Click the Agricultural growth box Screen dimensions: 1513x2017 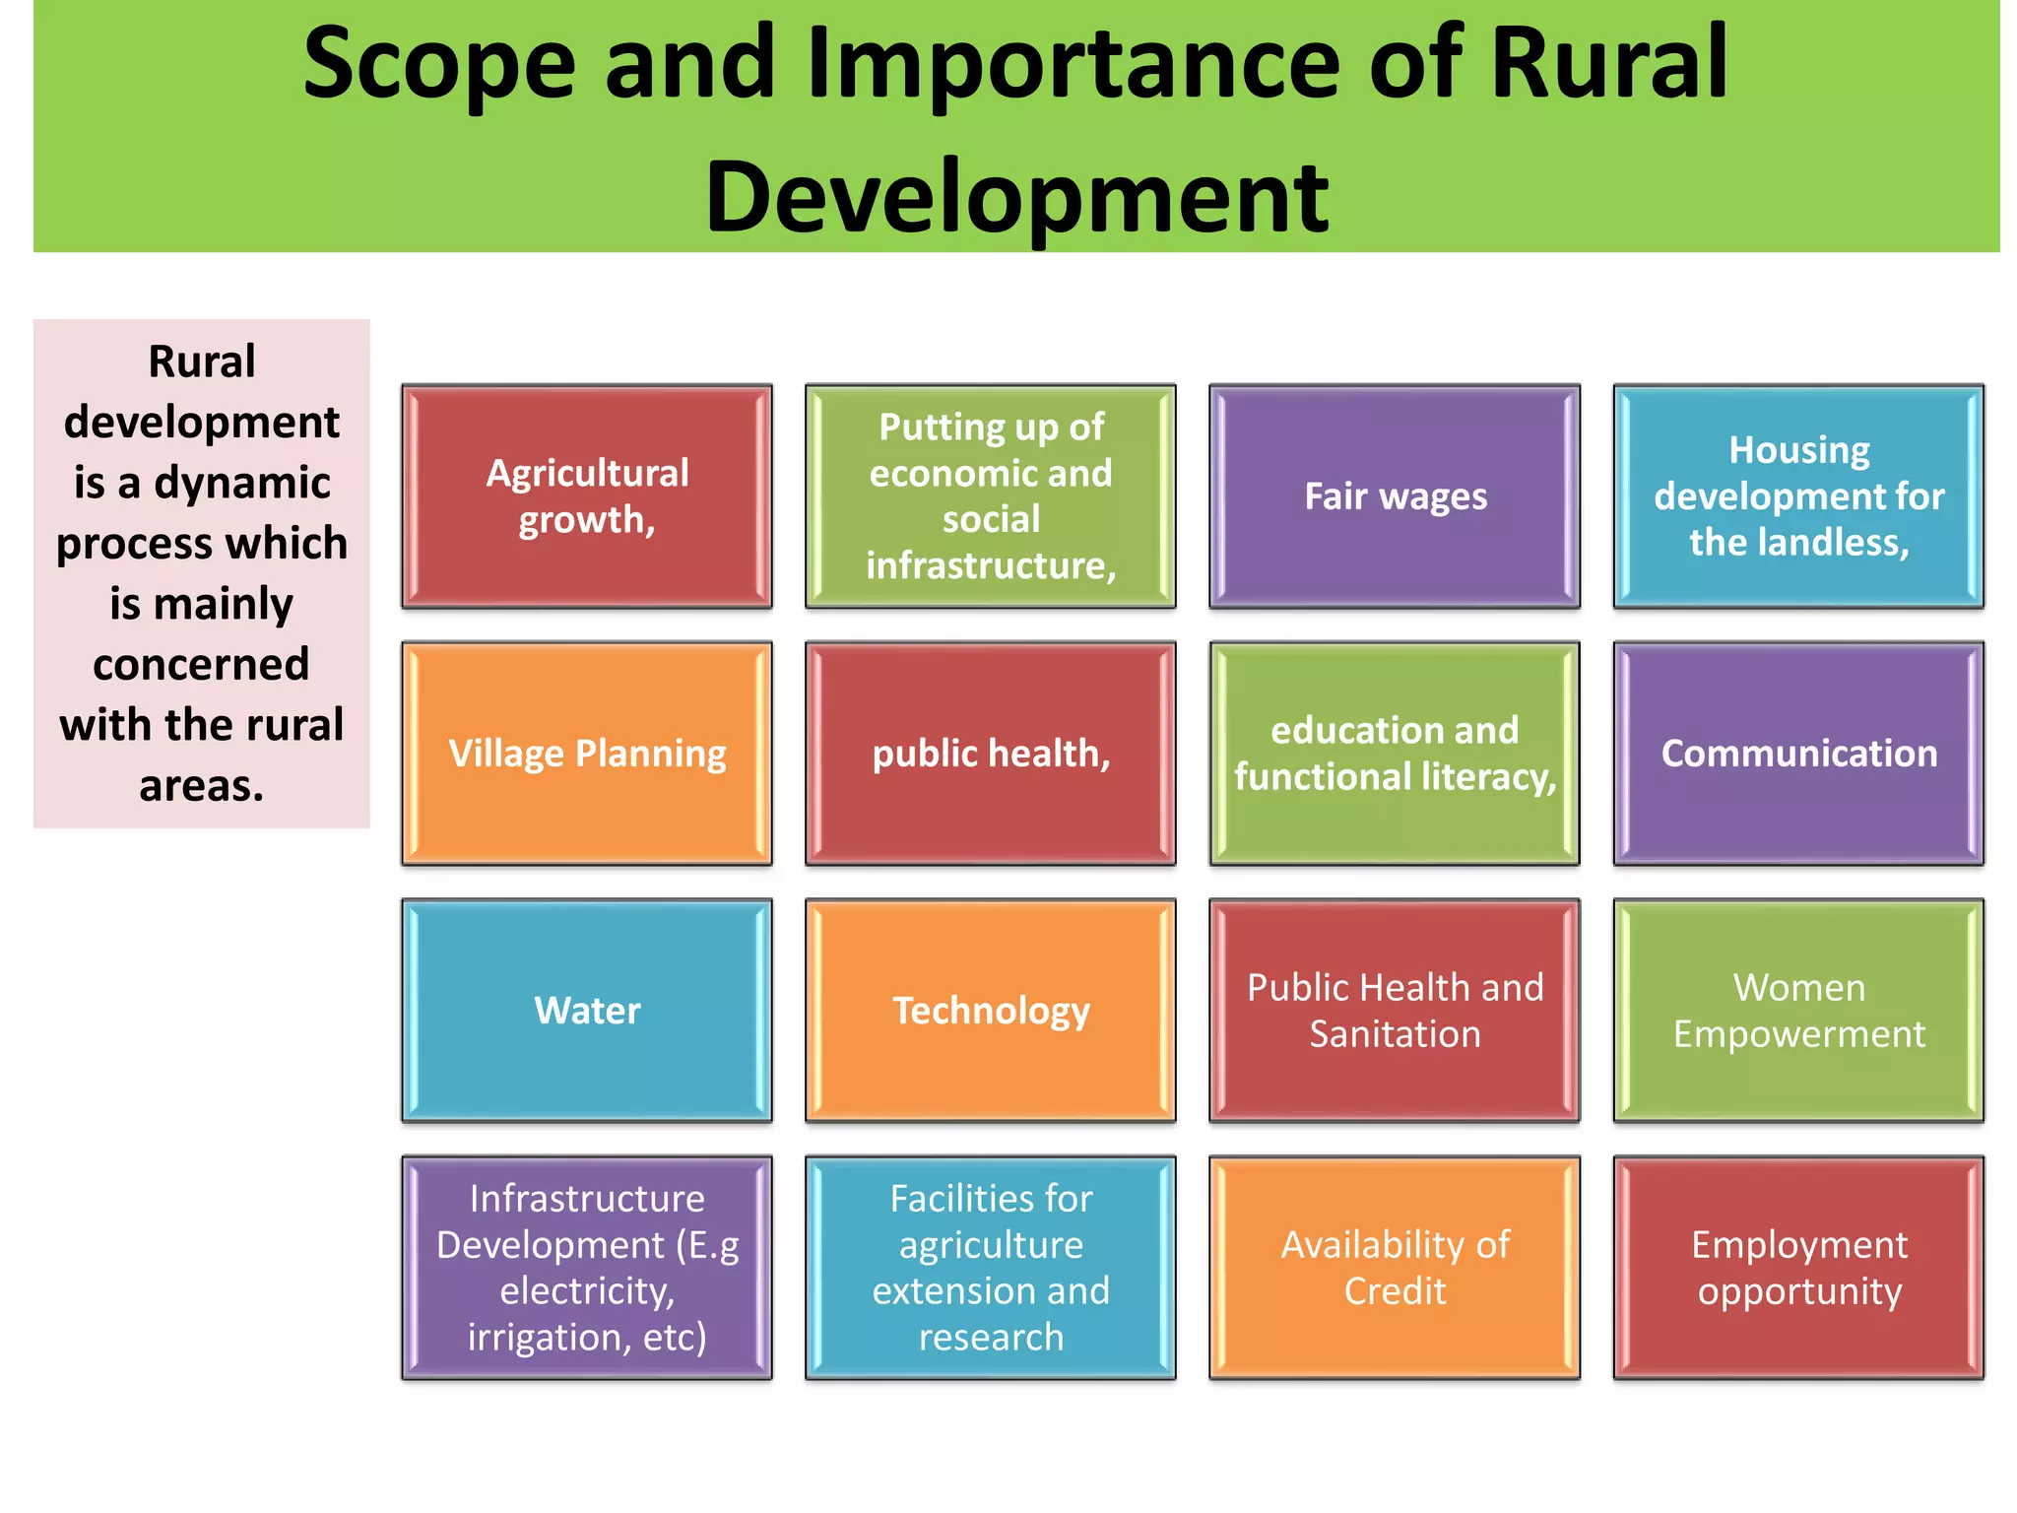[x=587, y=496]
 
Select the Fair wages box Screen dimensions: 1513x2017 [x=1395, y=496]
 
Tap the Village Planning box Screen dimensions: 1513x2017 [x=587, y=754]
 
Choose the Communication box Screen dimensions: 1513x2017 [x=1798, y=754]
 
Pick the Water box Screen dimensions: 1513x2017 [x=587, y=1011]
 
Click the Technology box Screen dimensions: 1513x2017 [x=991, y=1011]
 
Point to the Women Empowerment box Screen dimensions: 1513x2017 [x=1798, y=1011]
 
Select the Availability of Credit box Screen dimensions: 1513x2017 [x=1395, y=1268]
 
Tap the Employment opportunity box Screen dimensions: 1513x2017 [x=1798, y=1268]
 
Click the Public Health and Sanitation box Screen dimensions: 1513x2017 [x=1395, y=1011]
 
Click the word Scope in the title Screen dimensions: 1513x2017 [x=438, y=65]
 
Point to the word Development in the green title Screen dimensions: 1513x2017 [x=1016, y=197]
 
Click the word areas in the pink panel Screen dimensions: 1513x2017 [x=201, y=786]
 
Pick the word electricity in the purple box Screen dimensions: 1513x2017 [x=586, y=1291]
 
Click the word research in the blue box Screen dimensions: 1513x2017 [x=991, y=1338]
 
